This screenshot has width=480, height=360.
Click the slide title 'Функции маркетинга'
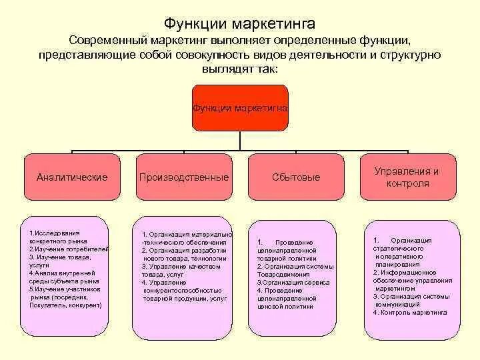point(240,25)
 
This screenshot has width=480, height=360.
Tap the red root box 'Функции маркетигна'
point(240,107)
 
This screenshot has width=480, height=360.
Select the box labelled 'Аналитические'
point(72,177)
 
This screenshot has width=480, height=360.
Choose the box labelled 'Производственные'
point(184,177)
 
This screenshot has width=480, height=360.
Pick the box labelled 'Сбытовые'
point(296,177)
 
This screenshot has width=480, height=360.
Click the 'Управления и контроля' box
point(407,177)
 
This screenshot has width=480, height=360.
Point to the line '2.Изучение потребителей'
point(69,249)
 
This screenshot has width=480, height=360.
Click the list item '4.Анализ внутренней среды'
point(63,273)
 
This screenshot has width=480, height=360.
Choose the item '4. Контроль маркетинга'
point(410,312)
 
